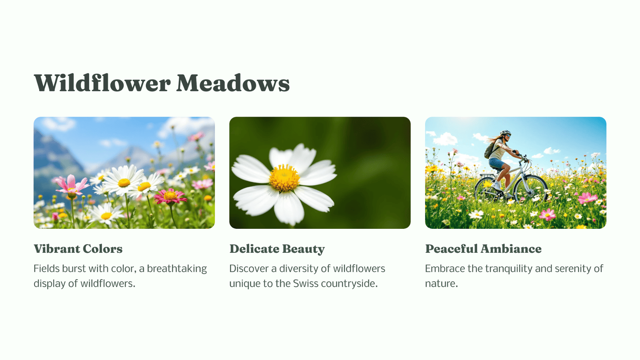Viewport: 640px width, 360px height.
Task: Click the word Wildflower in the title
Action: click(102, 83)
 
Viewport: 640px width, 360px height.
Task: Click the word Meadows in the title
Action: click(233, 83)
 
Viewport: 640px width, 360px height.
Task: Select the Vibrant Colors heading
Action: click(78, 248)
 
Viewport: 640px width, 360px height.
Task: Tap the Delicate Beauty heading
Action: click(277, 249)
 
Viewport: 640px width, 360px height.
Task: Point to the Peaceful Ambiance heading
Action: click(483, 248)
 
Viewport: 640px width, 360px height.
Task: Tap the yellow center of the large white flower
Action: click(284, 178)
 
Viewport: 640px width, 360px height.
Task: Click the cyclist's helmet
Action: click(505, 133)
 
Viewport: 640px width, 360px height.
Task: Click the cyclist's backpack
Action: click(490, 150)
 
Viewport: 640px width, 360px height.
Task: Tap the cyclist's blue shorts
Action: click(496, 164)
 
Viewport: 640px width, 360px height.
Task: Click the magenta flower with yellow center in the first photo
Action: click(170, 196)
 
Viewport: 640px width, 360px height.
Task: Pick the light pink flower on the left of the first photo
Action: click(71, 185)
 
